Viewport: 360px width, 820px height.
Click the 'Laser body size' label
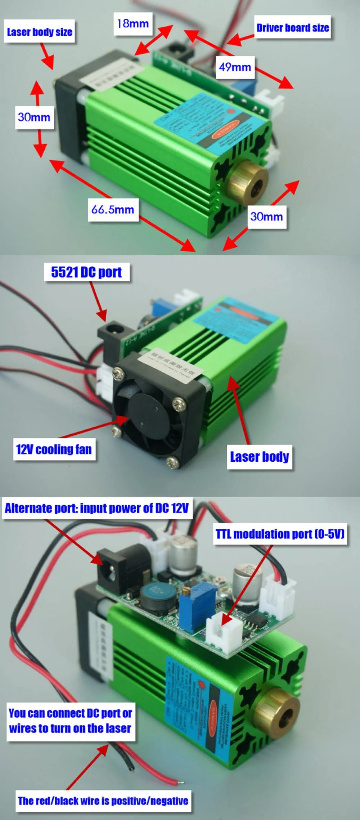point(39,32)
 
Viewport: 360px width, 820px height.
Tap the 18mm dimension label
point(133,24)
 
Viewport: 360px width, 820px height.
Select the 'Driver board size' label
point(292,27)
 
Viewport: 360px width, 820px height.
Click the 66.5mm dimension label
point(113,209)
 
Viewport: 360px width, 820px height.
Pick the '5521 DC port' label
point(86,272)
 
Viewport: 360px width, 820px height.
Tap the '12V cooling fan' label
point(54,449)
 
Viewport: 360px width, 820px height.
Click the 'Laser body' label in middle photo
point(259,457)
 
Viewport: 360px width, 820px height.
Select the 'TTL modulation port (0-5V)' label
point(280,534)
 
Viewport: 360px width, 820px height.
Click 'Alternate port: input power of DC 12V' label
point(97,508)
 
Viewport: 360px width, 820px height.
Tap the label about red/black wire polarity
point(103,801)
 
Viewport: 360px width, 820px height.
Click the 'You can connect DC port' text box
point(71,721)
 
